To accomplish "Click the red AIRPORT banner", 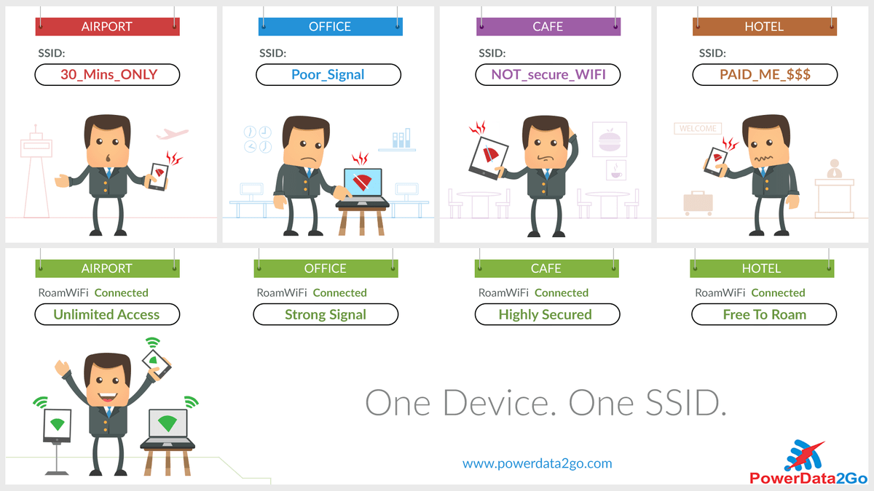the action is pos(107,26).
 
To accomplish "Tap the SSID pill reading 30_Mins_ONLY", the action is pos(107,74).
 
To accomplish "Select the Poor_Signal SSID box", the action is pos(328,74).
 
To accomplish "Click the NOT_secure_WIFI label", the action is pos(548,74).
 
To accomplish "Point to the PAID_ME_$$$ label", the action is pos(765,74).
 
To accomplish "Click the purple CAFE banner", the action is pos(548,26).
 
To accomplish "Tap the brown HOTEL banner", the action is pos(765,26).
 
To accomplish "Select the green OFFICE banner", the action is pos(326,268).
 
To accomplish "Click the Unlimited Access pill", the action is pos(107,314).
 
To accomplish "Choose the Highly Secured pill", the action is pos(547,314).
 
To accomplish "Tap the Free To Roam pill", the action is pos(764,314).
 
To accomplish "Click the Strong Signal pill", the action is pos(326,314).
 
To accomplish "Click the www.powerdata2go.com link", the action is pos(538,463).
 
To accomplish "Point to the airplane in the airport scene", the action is pos(172,134).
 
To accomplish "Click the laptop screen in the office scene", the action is pos(363,183).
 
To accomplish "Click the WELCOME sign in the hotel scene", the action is pos(698,129).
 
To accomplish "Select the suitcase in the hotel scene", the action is pos(698,203).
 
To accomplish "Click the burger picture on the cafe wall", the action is pos(610,140).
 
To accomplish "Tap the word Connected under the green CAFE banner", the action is pos(561,292).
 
